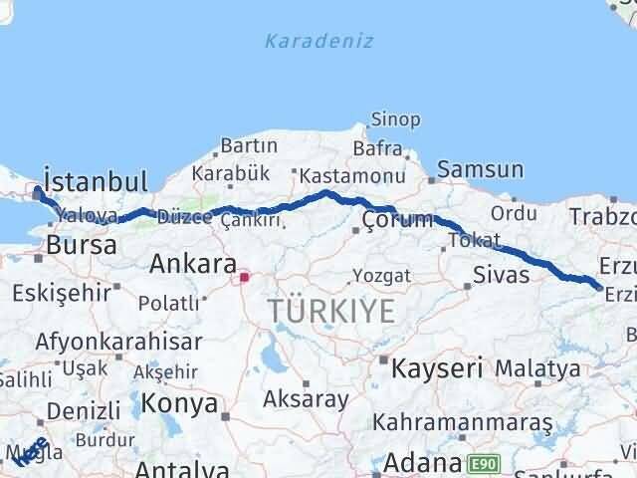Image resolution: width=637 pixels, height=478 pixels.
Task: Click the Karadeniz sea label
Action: (318, 41)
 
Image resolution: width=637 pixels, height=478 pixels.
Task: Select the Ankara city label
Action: (192, 265)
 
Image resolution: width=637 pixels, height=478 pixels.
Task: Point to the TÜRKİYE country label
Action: (331, 312)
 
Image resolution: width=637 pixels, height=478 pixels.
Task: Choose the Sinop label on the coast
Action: (395, 119)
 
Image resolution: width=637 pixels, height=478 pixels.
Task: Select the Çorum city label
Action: (397, 220)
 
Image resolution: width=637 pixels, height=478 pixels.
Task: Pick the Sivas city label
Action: (502, 275)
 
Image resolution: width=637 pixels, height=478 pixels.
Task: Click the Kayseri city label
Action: (435, 367)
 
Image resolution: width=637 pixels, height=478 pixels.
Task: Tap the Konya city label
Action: (180, 403)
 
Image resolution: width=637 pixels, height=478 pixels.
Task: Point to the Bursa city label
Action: (81, 245)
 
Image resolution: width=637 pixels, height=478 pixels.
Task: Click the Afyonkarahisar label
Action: (117, 342)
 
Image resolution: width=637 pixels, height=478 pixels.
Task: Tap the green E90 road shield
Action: (483, 463)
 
